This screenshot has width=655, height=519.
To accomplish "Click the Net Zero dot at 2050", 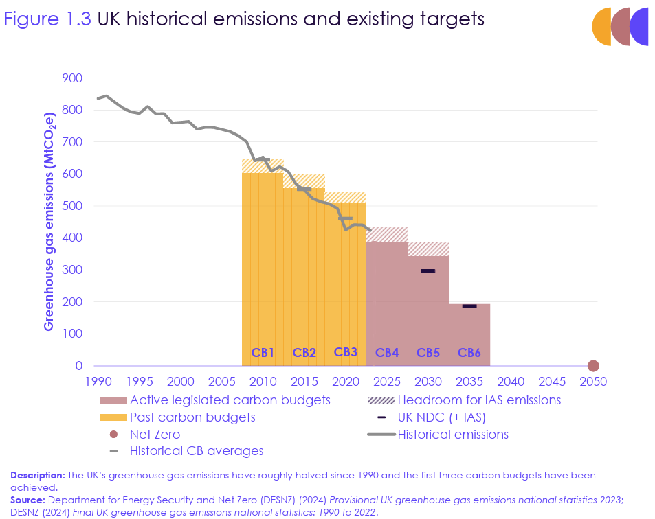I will point(593,366).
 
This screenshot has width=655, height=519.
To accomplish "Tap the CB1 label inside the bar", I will point(263,353).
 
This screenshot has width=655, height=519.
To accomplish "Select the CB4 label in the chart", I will point(387,353).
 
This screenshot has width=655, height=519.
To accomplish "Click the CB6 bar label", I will point(469,353).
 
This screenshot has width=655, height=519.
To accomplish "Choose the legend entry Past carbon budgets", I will point(192,417).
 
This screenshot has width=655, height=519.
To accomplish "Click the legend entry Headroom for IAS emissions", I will point(478,400).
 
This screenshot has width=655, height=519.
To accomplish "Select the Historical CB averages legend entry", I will point(196,451).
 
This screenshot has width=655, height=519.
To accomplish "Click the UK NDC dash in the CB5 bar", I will point(428,271).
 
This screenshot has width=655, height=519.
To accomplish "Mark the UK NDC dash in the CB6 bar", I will point(469,306).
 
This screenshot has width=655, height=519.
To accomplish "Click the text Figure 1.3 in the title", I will point(47,19).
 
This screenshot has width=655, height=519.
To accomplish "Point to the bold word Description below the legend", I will point(37,475).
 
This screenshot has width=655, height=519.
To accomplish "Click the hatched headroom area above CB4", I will point(387,234).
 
